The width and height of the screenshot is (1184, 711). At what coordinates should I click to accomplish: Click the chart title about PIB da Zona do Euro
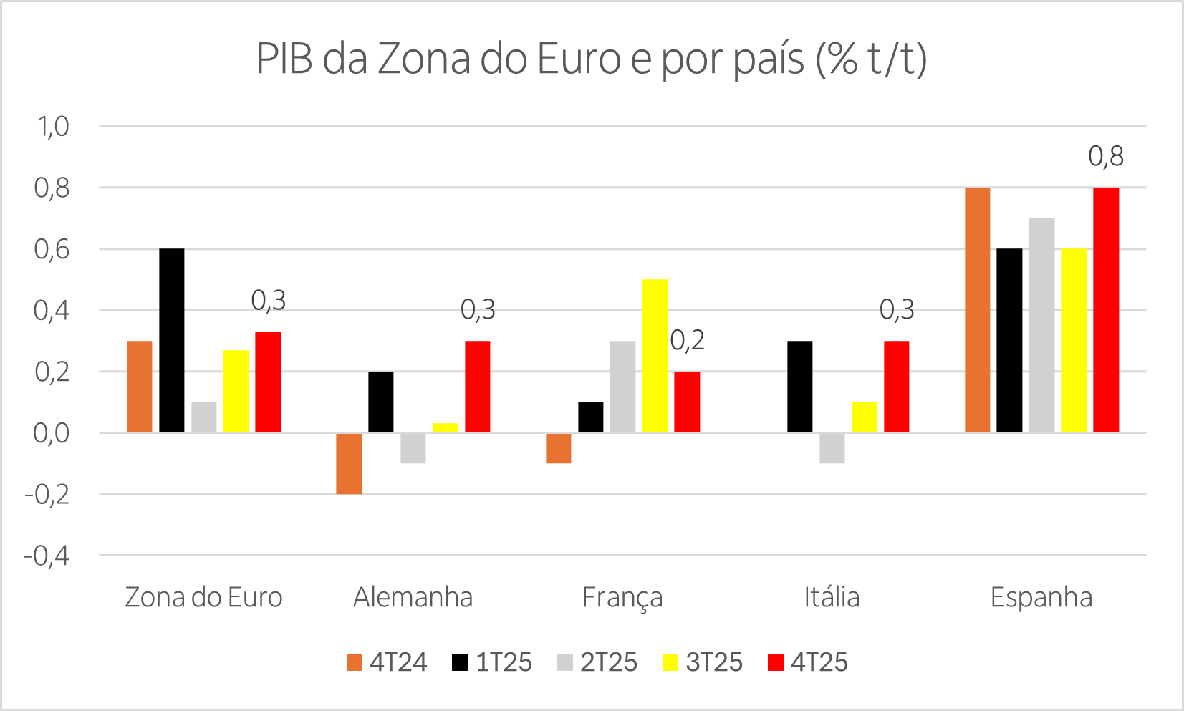tap(592, 59)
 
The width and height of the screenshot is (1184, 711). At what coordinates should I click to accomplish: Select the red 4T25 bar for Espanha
tap(1105, 310)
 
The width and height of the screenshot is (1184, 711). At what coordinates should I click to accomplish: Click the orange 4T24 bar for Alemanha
tap(349, 463)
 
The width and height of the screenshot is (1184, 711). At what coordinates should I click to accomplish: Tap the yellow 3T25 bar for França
tap(655, 356)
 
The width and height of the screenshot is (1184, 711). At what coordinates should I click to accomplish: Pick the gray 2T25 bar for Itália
tap(832, 448)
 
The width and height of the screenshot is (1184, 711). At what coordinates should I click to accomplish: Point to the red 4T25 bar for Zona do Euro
tap(268, 382)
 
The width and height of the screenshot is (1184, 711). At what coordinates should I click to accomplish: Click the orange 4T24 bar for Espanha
tap(977, 310)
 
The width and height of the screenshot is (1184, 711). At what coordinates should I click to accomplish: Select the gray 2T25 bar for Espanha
tap(1041, 325)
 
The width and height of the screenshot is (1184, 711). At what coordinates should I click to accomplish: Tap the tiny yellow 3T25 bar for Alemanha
tap(445, 427)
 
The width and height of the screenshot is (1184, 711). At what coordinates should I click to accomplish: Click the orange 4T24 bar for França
tap(558, 448)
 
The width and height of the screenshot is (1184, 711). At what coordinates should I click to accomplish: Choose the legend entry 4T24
tap(387, 662)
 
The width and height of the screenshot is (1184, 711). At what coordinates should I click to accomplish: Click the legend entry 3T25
tap(703, 662)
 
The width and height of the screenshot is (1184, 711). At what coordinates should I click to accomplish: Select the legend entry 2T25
tap(597, 662)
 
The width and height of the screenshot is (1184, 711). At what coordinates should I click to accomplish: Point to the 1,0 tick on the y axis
tap(53, 127)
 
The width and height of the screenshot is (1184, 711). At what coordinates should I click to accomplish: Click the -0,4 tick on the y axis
tap(47, 556)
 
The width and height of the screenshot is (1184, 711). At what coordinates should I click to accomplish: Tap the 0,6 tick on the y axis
tap(52, 250)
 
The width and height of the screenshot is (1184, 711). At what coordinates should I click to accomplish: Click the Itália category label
tap(831, 597)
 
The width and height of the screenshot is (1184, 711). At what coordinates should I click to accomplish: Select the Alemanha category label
tap(413, 597)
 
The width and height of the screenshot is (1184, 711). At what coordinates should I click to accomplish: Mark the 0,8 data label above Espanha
tap(1105, 156)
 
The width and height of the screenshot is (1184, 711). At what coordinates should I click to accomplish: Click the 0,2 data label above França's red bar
tap(687, 341)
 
